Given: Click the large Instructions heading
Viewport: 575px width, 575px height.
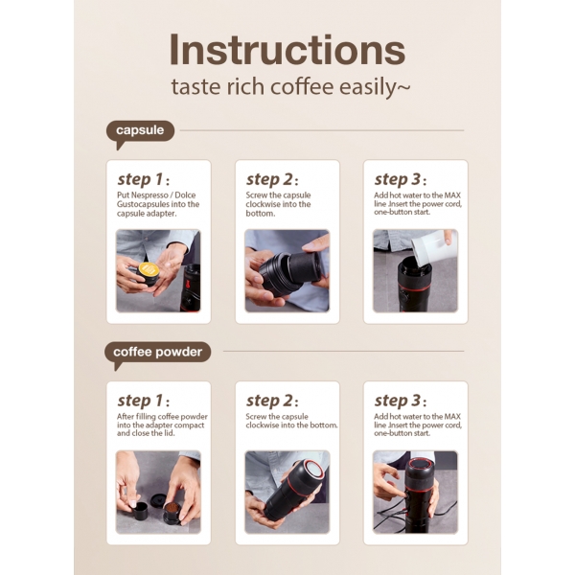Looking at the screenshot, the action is [287, 50].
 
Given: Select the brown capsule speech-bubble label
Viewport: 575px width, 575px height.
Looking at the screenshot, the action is [140, 131].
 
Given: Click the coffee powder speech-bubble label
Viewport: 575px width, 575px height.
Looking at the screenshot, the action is [158, 353].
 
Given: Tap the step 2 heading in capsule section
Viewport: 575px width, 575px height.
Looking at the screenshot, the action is [272, 179].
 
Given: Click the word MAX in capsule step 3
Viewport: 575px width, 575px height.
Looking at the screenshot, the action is [452, 195].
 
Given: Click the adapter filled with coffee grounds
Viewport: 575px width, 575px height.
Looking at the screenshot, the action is [172, 512].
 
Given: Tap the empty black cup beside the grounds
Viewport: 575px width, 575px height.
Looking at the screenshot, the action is [139, 511].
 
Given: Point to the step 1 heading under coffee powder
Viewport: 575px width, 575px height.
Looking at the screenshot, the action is [144, 401].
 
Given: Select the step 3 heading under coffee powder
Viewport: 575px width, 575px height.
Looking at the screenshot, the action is [400, 401].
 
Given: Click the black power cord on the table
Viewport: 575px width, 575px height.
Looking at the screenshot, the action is [389, 517].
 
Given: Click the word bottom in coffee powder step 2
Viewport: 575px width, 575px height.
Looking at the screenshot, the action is [324, 425].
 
